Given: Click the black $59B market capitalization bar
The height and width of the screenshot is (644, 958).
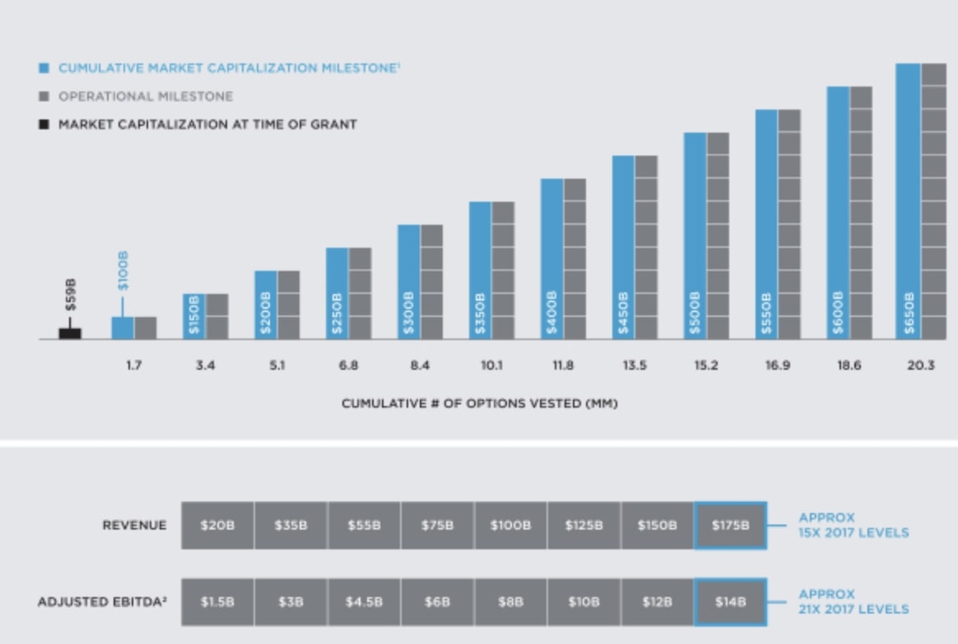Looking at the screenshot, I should point(70,333).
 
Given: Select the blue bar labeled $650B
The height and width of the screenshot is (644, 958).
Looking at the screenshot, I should point(908,201).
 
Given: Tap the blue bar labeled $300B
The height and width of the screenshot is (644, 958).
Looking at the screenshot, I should point(409,282).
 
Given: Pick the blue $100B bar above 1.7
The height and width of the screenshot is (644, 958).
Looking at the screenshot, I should point(123,328).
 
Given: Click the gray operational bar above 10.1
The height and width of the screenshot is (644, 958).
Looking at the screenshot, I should point(503,270).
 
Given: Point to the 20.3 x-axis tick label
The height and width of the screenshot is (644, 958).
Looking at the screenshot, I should point(920,366).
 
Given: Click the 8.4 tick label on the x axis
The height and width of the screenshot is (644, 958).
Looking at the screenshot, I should point(420,366).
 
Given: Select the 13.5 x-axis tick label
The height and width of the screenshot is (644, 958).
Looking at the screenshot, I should point(634,366).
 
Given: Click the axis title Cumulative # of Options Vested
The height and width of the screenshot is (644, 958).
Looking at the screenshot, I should point(480,404).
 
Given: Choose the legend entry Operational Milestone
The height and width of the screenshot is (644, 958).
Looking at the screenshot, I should point(145,96).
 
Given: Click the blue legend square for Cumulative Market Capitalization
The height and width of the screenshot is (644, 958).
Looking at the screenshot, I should point(44,68).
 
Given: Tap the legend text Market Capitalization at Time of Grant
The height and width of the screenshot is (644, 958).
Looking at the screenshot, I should point(207,124).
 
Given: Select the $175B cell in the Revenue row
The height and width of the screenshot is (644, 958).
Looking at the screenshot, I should point(731,525).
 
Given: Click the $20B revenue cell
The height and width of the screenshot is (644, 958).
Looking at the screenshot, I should point(217,525).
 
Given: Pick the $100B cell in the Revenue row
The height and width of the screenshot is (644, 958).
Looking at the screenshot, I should point(510,525).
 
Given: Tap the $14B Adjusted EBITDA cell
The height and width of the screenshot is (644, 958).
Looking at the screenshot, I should point(731,602).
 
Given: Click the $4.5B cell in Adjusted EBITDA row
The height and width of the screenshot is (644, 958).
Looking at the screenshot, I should point(364,602).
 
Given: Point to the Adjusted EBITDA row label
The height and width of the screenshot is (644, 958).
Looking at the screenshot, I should point(102,602).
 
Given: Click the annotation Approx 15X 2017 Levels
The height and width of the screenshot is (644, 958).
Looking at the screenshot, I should point(853,525).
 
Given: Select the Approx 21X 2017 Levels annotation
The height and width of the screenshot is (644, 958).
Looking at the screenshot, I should point(853,602).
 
